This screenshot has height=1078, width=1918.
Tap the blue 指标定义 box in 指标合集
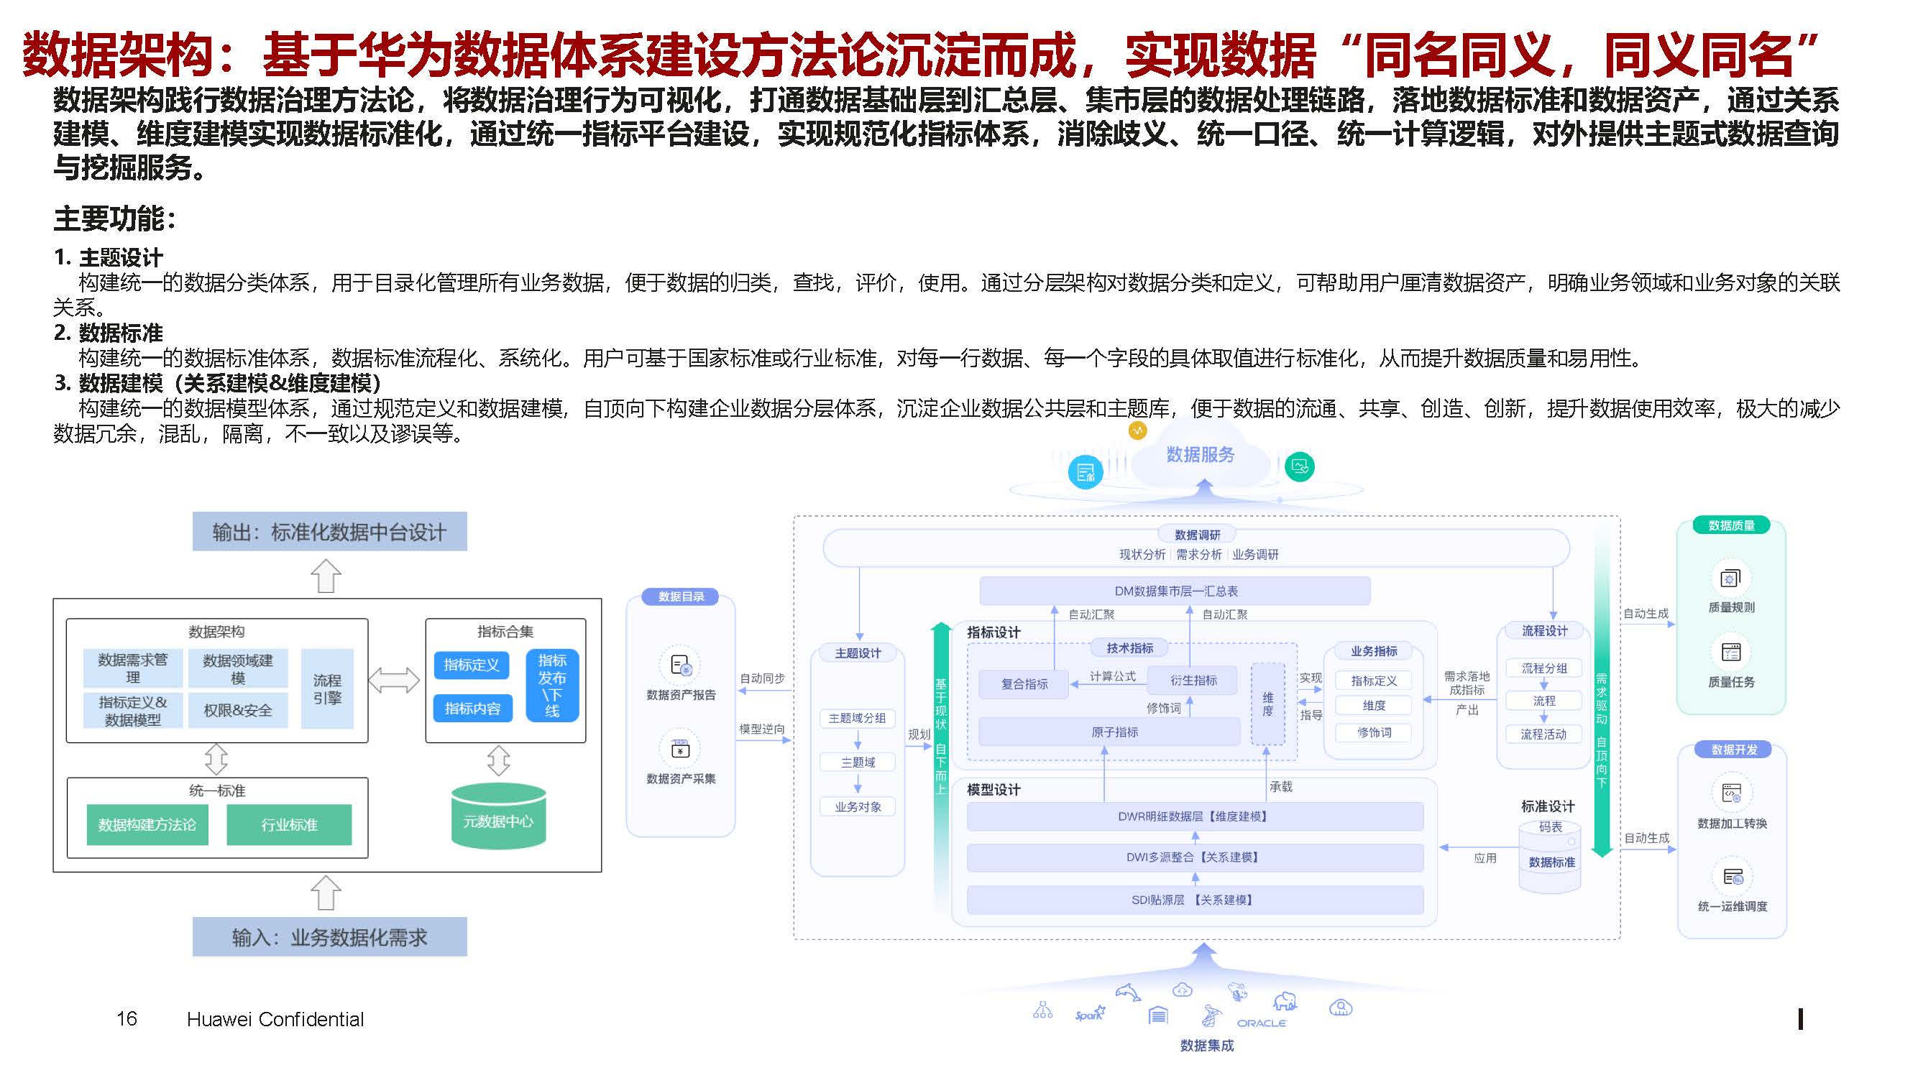pos(472,665)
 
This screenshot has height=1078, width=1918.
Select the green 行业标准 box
pos(289,825)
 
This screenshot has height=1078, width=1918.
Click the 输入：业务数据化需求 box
pos(329,936)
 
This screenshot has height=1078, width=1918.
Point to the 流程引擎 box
pos(327,688)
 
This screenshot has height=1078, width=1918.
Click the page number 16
pos(127,1018)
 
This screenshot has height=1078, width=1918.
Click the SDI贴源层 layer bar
pos(1194,900)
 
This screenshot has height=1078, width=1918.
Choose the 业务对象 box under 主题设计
pos(857,807)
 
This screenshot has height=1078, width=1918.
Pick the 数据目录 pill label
pos(681,597)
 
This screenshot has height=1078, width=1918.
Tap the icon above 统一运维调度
pos(1732,877)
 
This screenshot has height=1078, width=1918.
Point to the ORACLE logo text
pos(1261,1023)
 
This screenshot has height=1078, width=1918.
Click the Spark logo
pos(1089,1014)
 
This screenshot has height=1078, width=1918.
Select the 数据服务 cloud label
pos(1200,455)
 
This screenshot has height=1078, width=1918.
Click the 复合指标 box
pos(1024,684)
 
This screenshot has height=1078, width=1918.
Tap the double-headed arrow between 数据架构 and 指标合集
pos(395,680)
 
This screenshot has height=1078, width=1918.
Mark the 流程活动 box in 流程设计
pos(1543,734)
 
